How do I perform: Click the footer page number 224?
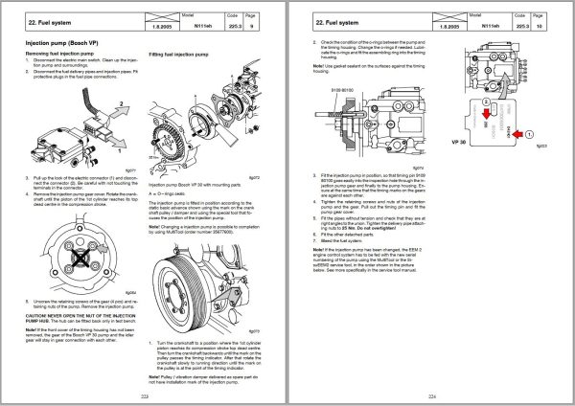pyautogui.click(x=431, y=393)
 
